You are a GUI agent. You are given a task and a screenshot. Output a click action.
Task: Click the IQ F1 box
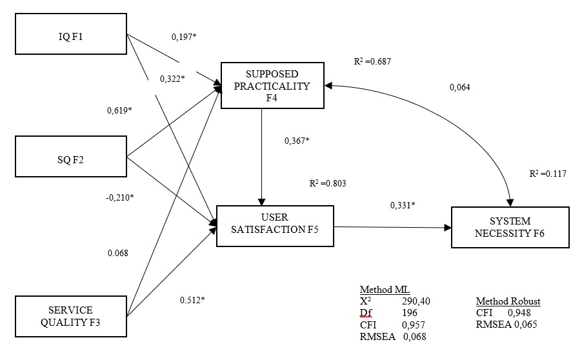pos(68,35)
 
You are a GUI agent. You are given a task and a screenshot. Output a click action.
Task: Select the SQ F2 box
pos(68,156)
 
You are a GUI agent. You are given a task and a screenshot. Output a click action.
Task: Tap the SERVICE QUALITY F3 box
pos(68,315)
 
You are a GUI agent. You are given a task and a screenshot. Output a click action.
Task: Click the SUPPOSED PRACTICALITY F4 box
pos(272,85)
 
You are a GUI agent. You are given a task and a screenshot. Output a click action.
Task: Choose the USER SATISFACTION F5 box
pos(276,226)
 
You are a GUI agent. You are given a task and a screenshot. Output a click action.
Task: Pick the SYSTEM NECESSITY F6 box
pos(510,227)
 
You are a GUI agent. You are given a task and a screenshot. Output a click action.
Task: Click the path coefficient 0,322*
pos(172,79)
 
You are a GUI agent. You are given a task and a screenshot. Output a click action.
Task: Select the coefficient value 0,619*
pos(119,110)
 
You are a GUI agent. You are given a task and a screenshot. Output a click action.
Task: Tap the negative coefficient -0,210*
pos(121,196)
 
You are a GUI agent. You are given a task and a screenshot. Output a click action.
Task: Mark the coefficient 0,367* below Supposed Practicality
pos(297,141)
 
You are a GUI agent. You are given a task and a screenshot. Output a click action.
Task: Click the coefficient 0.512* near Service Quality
pos(192,299)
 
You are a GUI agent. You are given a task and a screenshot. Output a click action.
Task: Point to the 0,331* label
pos(403,205)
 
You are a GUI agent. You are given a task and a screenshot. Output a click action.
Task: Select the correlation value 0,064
pos(460,87)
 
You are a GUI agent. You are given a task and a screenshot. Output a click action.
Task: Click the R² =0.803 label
pos(328,183)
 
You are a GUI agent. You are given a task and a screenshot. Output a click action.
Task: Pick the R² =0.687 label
pos(372,61)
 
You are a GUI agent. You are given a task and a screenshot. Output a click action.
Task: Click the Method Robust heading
pos(508,301)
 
